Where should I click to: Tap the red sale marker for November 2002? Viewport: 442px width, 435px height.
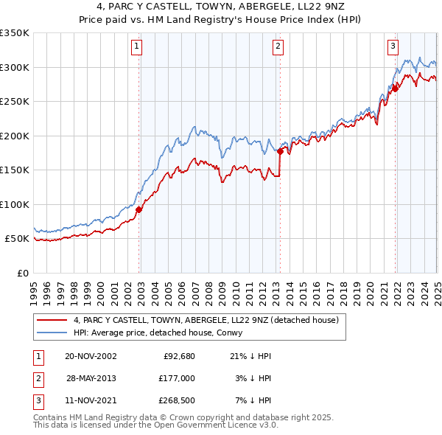139,209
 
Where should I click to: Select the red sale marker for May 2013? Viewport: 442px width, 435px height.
281,152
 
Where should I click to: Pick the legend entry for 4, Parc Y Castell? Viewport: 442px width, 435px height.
206,321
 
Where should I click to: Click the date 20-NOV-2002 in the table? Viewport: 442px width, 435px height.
91,356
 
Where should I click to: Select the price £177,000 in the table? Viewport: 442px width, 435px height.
176,378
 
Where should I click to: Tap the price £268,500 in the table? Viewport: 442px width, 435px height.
176,400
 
